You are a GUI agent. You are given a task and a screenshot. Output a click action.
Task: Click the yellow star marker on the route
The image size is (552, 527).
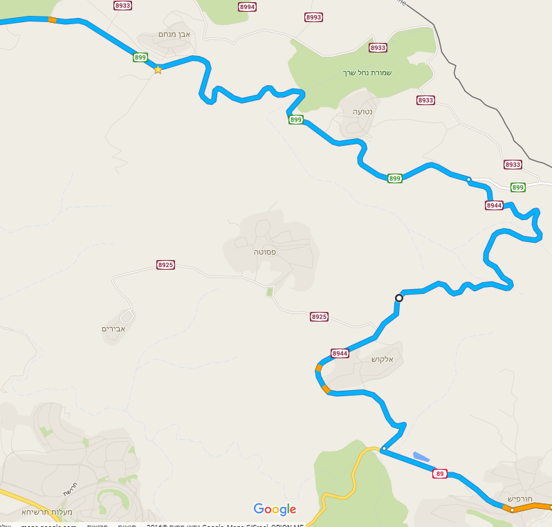(158, 69)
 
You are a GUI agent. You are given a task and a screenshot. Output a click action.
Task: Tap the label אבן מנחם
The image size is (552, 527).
(174, 34)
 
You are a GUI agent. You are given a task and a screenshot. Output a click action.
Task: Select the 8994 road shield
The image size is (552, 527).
(247, 6)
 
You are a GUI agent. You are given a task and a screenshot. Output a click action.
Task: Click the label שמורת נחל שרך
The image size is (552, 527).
(367, 73)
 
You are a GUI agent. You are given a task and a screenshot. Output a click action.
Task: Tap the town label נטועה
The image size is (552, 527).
(362, 111)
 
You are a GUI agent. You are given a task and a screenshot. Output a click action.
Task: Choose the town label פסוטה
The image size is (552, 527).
(265, 252)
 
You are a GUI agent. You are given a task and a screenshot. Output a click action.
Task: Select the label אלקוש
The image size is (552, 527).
(382, 360)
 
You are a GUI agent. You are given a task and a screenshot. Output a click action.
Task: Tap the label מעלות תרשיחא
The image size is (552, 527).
(47, 512)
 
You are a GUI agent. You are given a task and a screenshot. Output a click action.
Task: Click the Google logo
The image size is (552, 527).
(275, 510)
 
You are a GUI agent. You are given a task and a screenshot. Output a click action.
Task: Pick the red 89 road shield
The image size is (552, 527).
(440, 474)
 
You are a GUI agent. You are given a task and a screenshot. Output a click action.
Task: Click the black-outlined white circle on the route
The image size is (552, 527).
(398, 298)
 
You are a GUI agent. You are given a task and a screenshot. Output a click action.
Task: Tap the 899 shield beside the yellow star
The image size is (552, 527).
(140, 57)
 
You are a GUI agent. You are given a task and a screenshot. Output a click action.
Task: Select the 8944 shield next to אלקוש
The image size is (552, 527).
(340, 353)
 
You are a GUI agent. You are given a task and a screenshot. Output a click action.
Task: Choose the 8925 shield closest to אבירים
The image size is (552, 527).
(165, 265)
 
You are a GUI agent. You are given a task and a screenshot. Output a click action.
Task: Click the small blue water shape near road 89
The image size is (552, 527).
(421, 456)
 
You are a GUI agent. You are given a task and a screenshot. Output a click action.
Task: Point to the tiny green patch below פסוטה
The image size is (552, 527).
(269, 293)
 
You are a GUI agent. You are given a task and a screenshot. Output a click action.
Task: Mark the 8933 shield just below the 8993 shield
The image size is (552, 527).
(378, 48)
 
